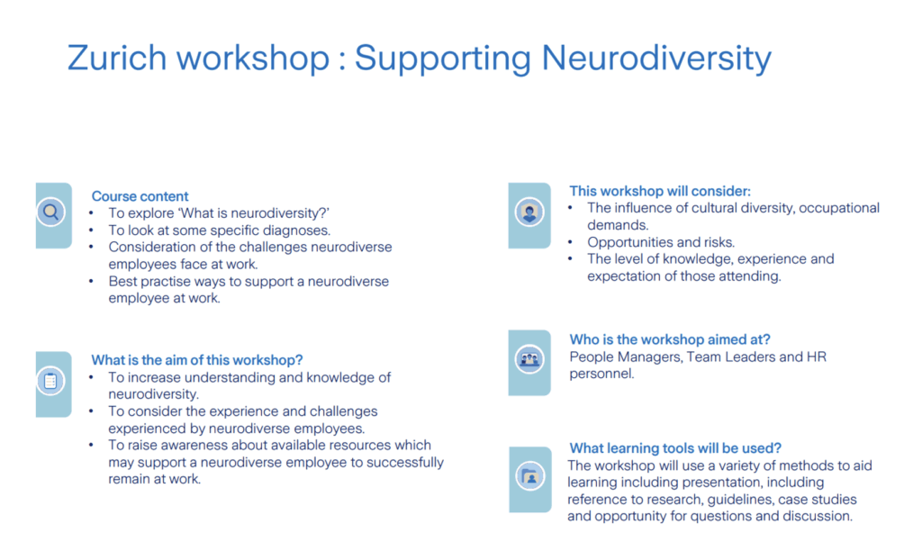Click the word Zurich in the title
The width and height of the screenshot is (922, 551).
117,58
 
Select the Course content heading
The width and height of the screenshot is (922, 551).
140,196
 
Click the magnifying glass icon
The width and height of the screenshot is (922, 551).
51,212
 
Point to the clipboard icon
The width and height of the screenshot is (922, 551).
50,381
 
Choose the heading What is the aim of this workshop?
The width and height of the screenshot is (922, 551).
197,360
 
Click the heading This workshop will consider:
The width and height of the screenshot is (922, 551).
660,191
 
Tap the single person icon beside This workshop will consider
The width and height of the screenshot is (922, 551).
529,212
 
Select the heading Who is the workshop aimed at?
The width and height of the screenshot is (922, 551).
670,339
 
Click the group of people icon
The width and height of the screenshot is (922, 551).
529,358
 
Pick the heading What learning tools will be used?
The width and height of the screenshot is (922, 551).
675,448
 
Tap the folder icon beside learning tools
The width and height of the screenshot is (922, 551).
530,476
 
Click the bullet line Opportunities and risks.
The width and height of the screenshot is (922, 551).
661,242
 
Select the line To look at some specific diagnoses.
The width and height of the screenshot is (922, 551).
220,230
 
